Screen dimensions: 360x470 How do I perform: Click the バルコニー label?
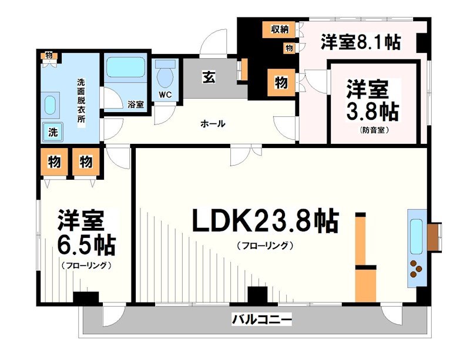click(x=262, y=321)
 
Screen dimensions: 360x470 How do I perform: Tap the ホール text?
click(x=213, y=124)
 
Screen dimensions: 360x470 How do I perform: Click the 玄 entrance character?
click(x=209, y=77)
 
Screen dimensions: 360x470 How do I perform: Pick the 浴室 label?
click(x=136, y=104)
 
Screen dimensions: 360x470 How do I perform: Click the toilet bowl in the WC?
click(x=165, y=76)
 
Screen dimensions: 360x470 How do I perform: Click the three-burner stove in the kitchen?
click(x=416, y=268)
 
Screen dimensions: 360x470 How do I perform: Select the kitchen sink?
click(x=416, y=235)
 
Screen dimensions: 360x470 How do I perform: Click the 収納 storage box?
click(x=280, y=29)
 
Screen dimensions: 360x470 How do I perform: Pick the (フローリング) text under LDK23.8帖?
click(x=264, y=246)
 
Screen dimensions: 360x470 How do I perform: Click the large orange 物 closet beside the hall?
click(x=281, y=83)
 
